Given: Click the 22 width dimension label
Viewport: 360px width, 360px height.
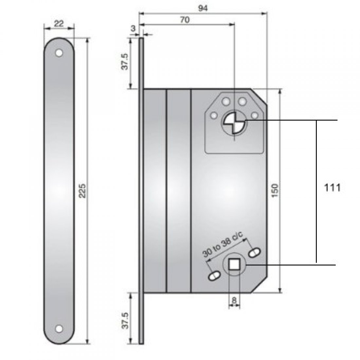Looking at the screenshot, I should [x=59, y=24].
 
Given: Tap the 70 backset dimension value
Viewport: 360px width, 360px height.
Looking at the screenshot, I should [x=185, y=20].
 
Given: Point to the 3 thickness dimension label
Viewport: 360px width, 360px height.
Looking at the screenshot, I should [x=133, y=28].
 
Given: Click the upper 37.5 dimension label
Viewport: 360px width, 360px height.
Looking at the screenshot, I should [x=125, y=62].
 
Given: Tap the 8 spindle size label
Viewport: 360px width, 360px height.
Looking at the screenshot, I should [x=234, y=300].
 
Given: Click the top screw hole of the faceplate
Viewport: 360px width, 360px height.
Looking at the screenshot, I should [x=59, y=52].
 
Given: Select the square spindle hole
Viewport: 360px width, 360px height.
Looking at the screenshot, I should [x=234, y=264].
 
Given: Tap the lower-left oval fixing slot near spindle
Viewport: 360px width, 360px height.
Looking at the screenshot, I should [x=213, y=276].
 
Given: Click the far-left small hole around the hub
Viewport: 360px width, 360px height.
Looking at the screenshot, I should [x=214, y=115].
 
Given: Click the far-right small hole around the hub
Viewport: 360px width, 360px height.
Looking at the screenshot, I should [x=254, y=115].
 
